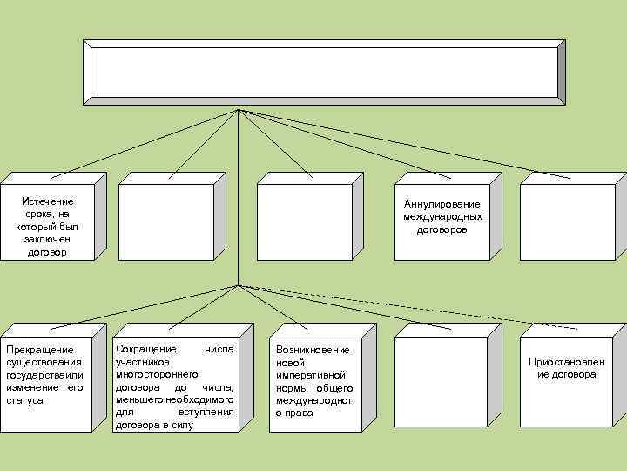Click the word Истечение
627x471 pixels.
(47, 201)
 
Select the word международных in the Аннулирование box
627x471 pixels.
(442, 216)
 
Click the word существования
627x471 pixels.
(44, 362)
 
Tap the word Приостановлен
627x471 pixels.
(566, 362)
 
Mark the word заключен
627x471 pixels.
(47, 239)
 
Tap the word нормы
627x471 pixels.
(291, 387)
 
